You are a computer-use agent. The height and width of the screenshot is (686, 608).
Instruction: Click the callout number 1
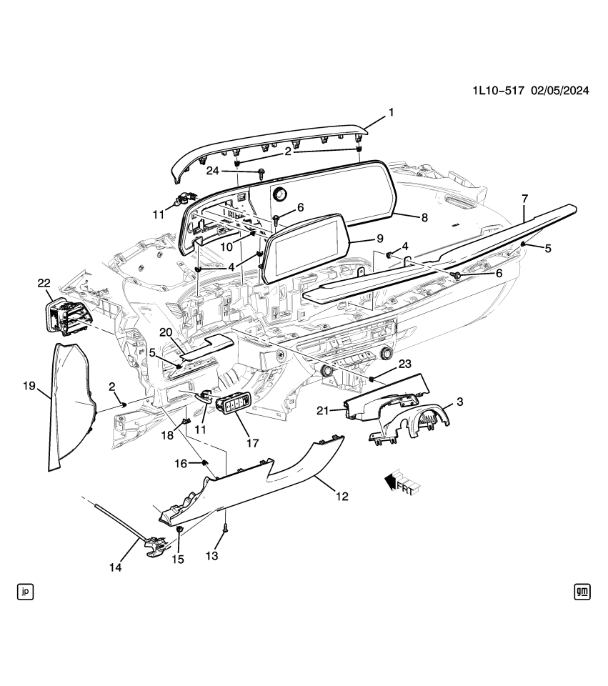click(391, 112)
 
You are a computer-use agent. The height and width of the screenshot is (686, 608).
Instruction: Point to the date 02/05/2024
click(561, 91)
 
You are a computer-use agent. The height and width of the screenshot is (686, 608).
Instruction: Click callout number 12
click(342, 495)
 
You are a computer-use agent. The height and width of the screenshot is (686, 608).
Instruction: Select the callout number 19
click(29, 387)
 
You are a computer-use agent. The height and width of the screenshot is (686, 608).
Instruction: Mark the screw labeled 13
click(226, 530)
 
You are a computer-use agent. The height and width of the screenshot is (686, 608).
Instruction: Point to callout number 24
click(212, 171)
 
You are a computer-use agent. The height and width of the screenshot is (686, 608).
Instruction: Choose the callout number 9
click(380, 239)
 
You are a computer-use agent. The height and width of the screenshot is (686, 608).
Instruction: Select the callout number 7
click(524, 197)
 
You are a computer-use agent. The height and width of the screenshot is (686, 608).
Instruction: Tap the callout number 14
click(115, 568)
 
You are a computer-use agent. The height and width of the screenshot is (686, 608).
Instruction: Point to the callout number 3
click(459, 402)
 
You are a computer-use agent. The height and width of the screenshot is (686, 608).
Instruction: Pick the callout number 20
click(165, 332)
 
